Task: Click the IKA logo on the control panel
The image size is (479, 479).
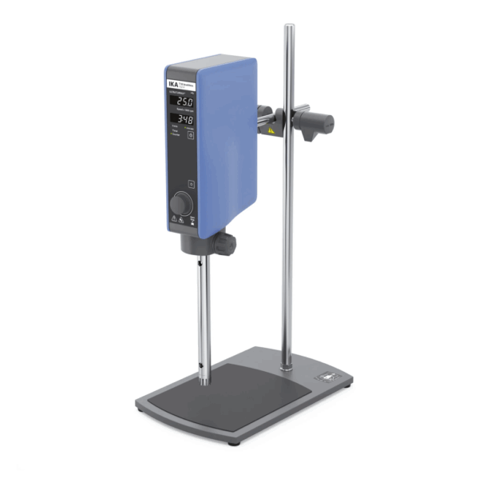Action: (x=173, y=82)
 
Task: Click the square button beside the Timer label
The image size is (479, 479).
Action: (x=191, y=136)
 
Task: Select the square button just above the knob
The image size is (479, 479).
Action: (x=191, y=182)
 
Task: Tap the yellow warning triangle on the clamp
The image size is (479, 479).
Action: (x=272, y=128)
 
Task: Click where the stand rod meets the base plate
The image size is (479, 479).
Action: (x=287, y=367)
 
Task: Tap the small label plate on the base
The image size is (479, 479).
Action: (x=331, y=374)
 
